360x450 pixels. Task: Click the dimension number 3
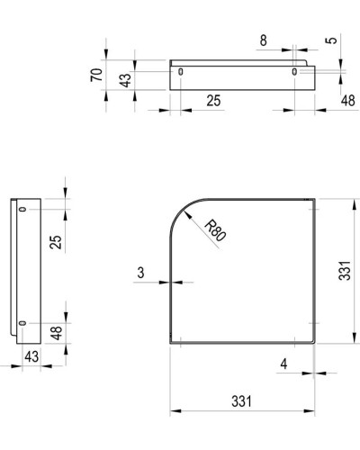[142, 272]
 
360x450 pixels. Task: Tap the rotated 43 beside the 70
[127, 77]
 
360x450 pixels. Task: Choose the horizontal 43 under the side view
[31, 356]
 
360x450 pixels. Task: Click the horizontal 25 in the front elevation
[213, 100]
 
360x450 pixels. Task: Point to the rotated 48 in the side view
[57, 332]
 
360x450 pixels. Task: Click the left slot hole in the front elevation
[181, 72]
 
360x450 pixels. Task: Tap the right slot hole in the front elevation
[295, 72]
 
